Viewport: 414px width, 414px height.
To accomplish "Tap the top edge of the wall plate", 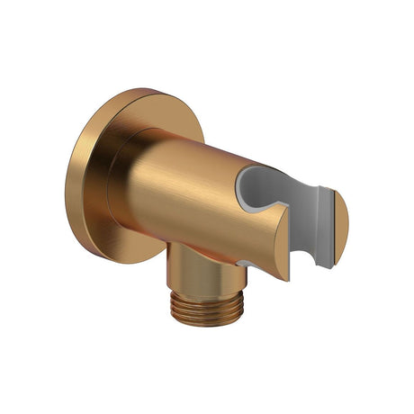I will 126,90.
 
